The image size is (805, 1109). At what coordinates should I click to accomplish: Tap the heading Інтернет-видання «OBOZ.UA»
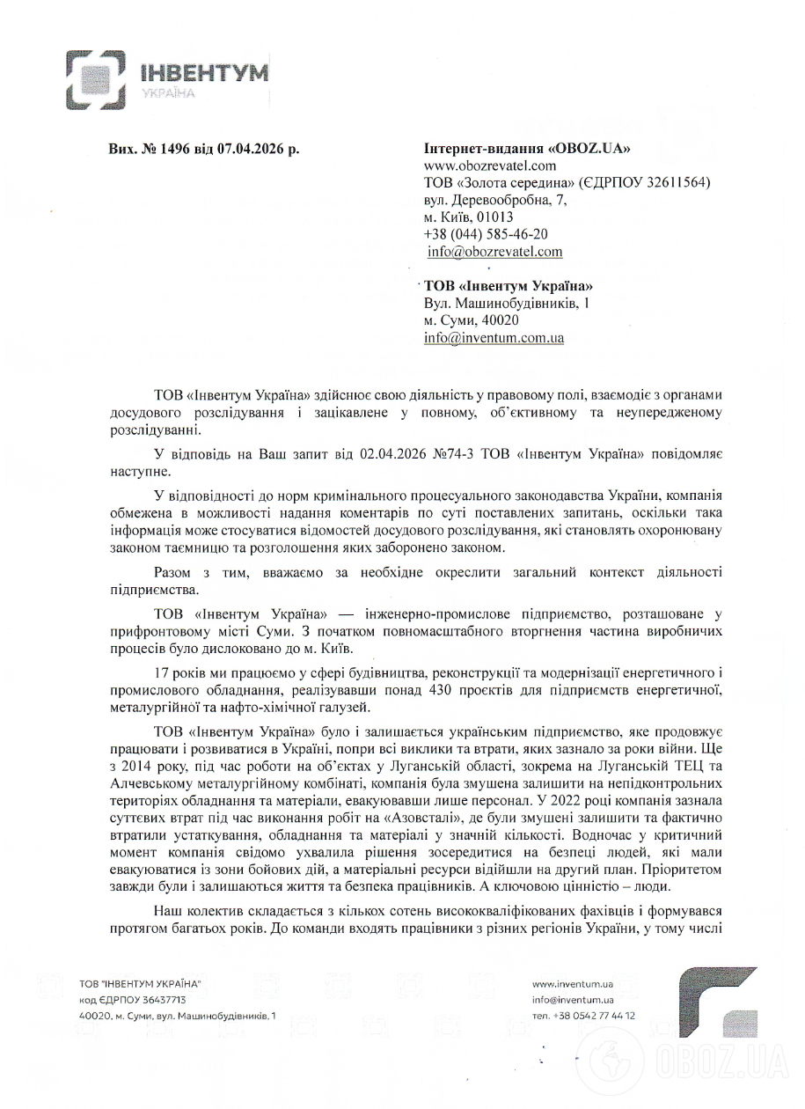point(527,149)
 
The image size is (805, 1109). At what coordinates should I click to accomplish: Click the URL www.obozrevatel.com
point(490,165)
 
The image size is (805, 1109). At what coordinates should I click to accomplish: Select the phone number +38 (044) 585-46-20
point(486,234)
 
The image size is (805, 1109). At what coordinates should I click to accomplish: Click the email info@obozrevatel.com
point(494,252)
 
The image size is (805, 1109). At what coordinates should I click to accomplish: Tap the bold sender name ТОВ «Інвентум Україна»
point(509,286)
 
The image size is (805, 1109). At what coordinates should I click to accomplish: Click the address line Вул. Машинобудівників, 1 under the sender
point(506,303)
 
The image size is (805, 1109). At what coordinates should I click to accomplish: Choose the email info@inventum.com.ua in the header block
point(494,337)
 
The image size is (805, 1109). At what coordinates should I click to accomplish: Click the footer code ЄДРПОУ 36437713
point(132,1000)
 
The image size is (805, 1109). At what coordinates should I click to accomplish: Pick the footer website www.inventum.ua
point(572,983)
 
